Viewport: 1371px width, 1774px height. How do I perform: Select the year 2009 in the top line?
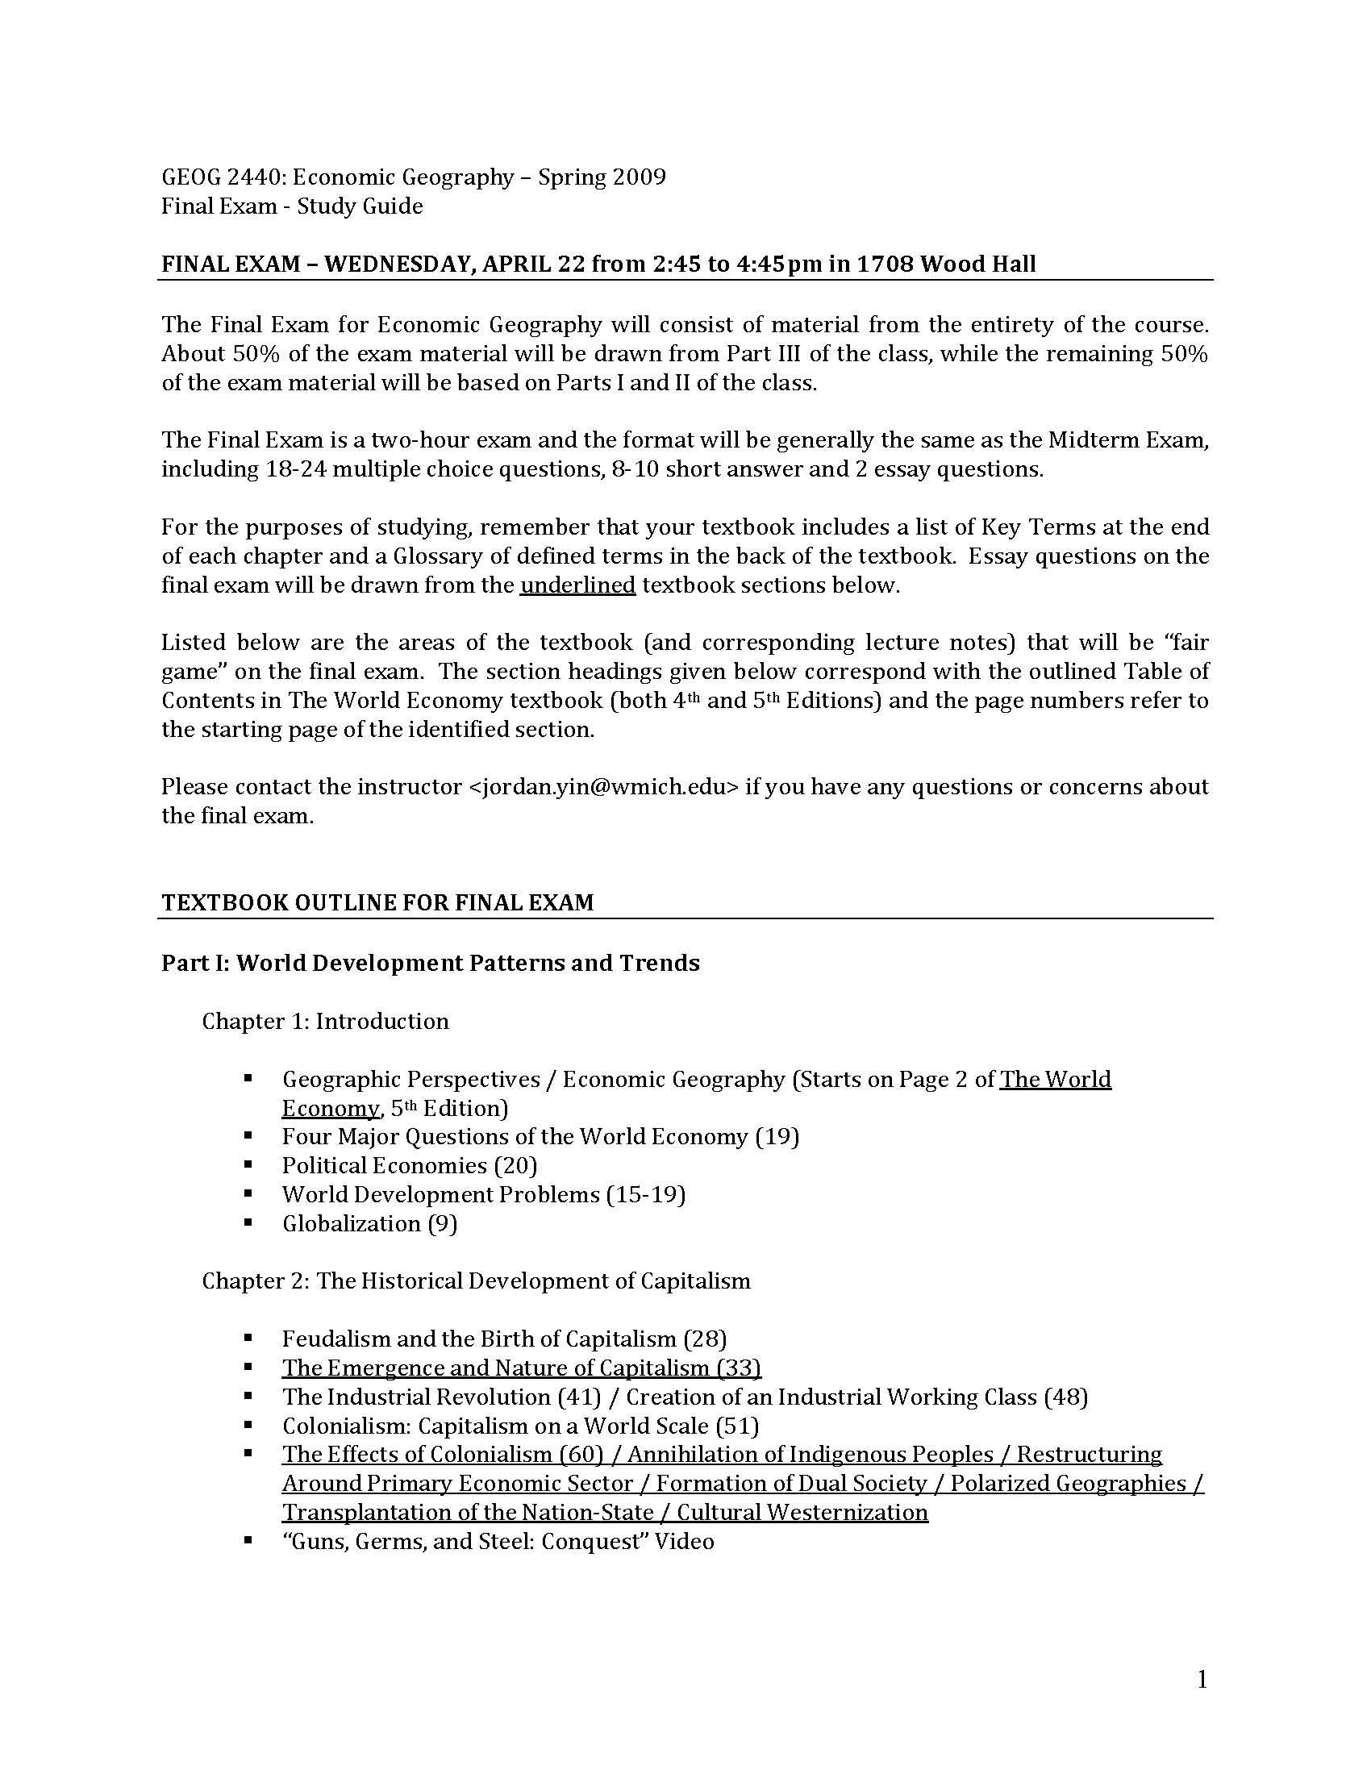640,177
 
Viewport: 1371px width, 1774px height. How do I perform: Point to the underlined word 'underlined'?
577,585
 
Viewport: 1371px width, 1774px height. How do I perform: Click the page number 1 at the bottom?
1202,1679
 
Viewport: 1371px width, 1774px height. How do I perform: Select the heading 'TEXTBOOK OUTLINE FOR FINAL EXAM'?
377,902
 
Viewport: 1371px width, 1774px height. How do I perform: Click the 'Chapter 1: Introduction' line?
325,1020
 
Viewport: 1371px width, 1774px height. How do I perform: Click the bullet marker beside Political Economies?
248,1165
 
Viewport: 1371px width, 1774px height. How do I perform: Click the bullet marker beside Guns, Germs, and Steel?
248,1540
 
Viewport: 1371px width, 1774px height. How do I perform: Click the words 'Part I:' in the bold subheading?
195,963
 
